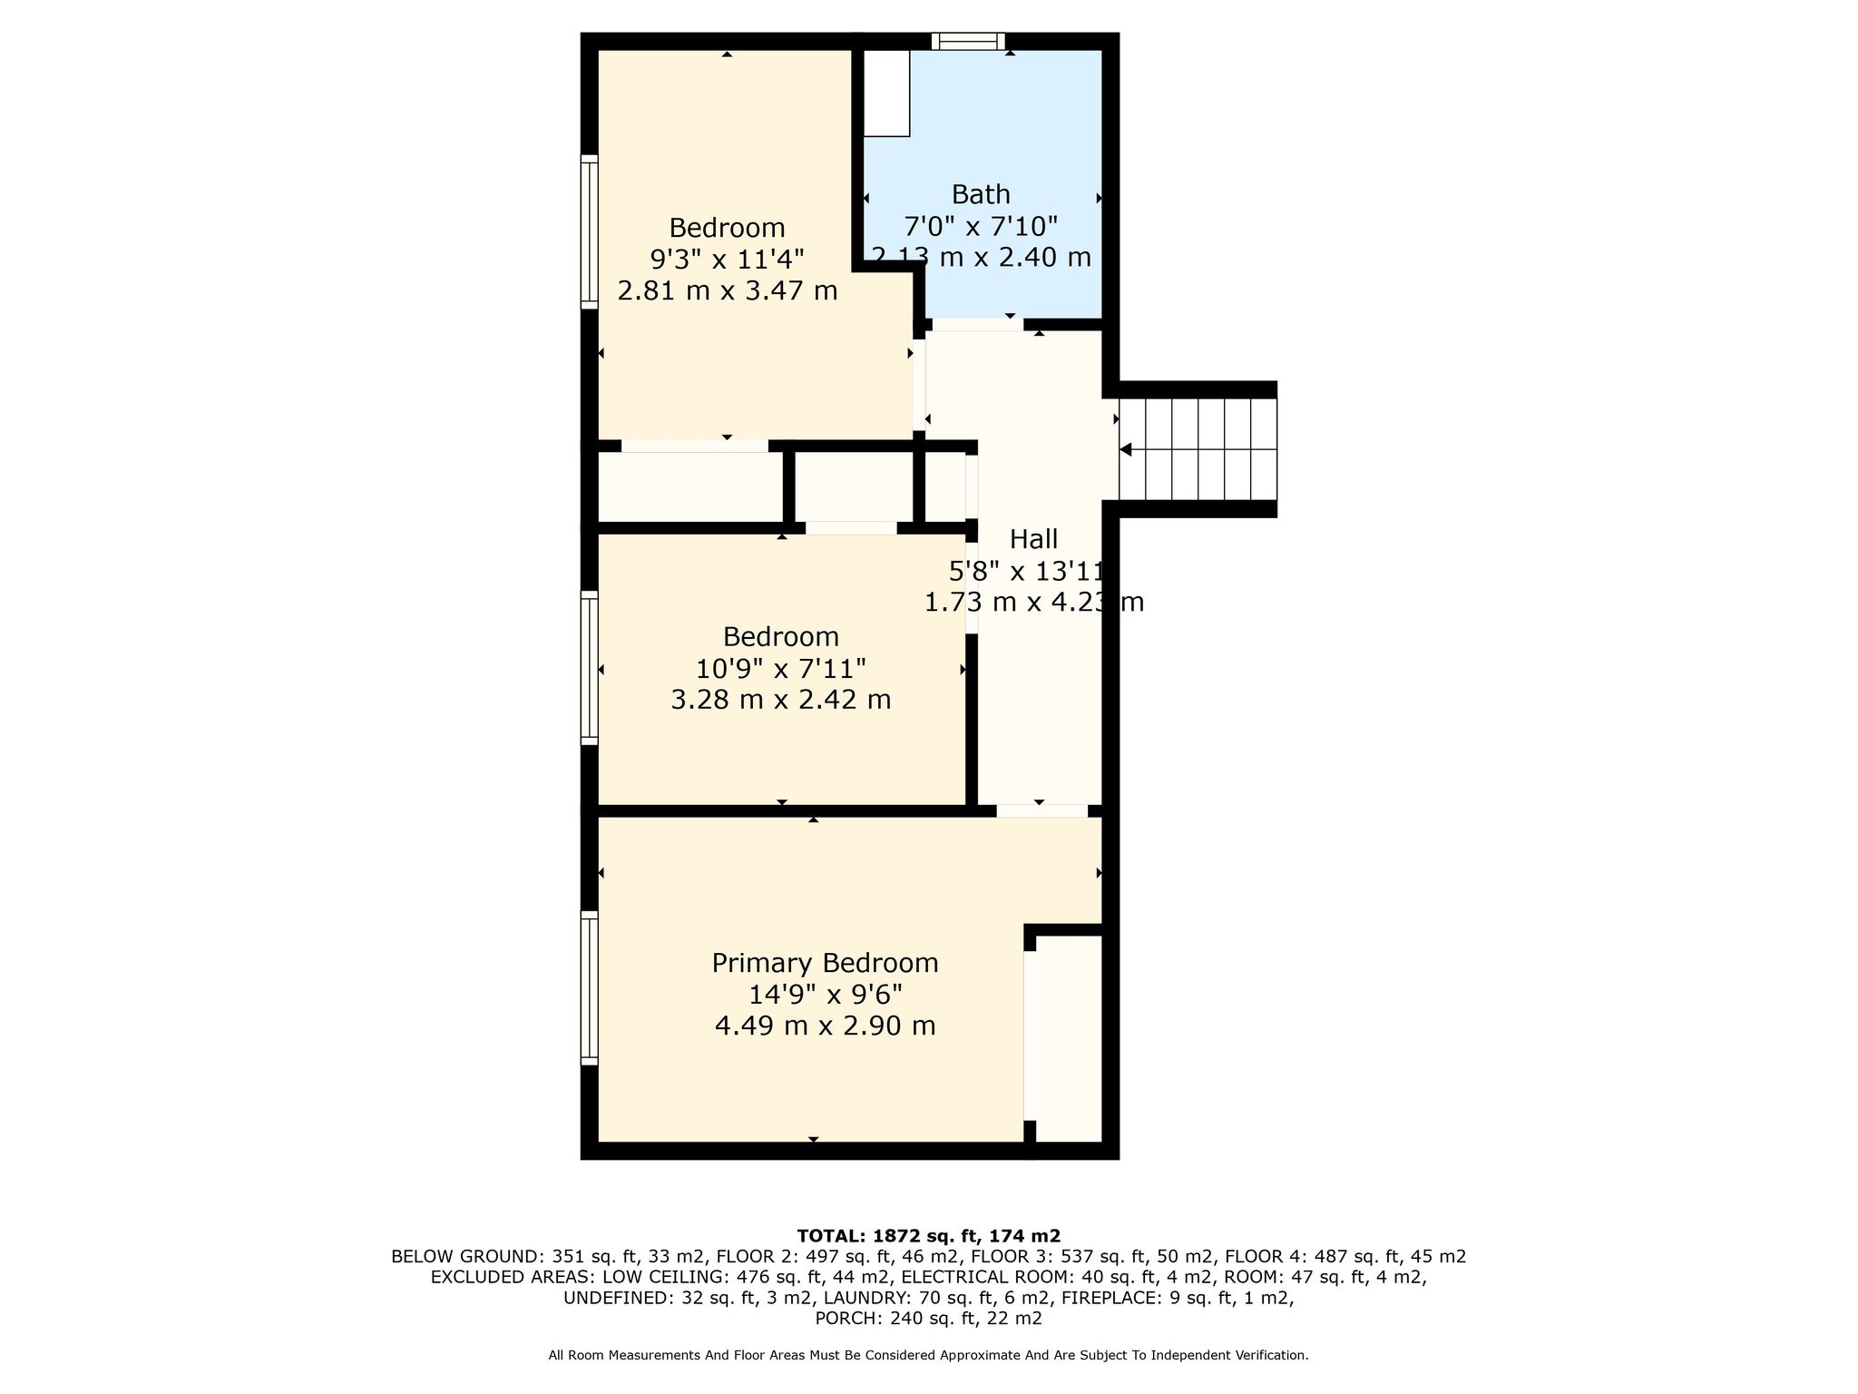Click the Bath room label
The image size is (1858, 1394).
[x=981, y=194]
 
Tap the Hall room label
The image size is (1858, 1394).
[x=1034, y=539]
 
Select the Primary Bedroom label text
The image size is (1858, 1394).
[x=825, y=963]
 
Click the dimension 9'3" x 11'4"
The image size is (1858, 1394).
[x=728, y=260]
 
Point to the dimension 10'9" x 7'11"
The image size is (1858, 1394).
[x=781, y=669]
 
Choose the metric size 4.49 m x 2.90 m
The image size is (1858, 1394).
[x=826, y=1026]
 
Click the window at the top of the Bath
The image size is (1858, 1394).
[x=969, y=41]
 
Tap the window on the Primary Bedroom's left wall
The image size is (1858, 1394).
[x=590, y=987]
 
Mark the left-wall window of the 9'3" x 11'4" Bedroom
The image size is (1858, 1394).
[x=590, y=231]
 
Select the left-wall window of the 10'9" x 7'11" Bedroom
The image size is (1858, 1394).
[x=590, y=668]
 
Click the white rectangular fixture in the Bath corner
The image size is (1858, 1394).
[x=886, y=93]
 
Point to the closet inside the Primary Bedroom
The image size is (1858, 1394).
[x=1068, y=1038]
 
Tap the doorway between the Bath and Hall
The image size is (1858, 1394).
[x=978, y=324]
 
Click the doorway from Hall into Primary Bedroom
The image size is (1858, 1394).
[x=1042, y=810]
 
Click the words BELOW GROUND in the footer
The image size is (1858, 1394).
[x=464, y=1257]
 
